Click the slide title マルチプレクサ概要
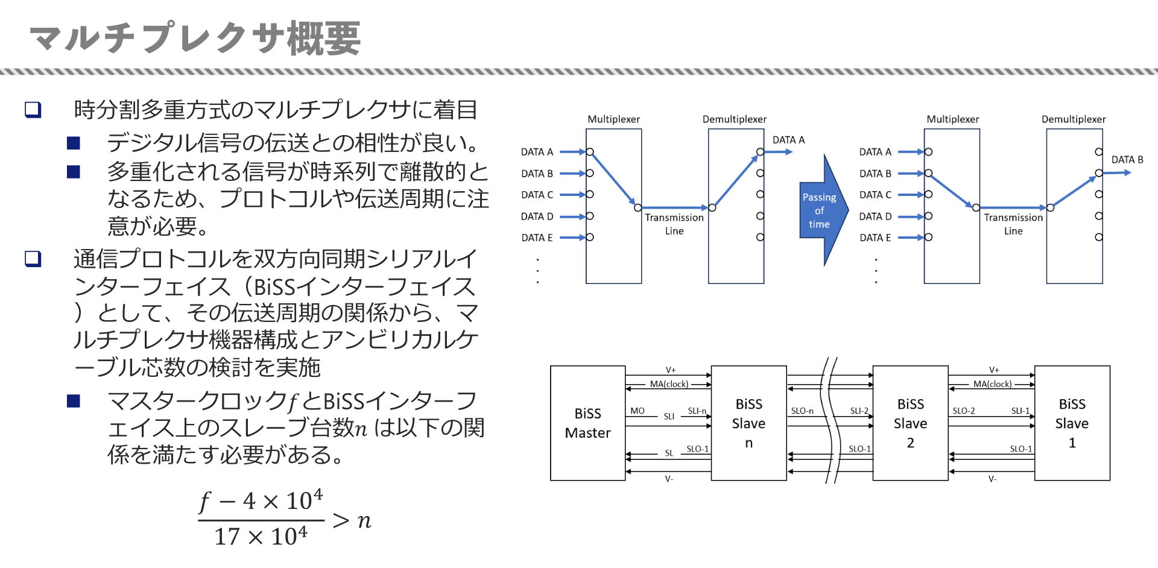click(x=195, y=38)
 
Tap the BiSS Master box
click(x=587, y=423)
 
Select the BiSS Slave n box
click(x=748, y=423)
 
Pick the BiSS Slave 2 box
click(x=910, y=423)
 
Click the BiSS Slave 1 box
click(x=1072, y=423)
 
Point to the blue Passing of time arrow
click(x=821, y=210)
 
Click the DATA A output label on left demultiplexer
click(x=788, y=140)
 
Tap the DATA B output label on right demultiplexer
click(x=1127, y=160)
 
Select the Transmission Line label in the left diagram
click(x=674, y=224)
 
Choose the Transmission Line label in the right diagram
click(x=1013, y=224)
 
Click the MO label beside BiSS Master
click(x=637, y=411)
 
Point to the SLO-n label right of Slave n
click(x=802, y=411)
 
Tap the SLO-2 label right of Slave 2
click(x=963, y=411)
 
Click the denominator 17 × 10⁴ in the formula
click(x=261, y=536)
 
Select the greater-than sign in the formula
click(x=341, y=520)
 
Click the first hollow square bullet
click(x=33, y=110)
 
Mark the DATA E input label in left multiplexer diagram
click(x=537, y=238)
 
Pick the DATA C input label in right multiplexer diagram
click(x=875, y=195)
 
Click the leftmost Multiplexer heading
click(x=613, y=119)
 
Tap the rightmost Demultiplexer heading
click(x=1073, y=119)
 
